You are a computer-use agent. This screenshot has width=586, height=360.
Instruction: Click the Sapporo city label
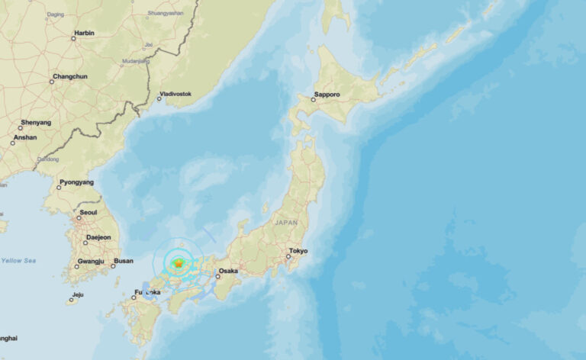327,95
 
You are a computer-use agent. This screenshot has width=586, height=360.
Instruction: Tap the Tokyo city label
298,251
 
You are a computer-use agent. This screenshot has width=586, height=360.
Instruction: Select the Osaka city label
228,271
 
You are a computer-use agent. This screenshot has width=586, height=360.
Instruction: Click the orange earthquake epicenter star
178,264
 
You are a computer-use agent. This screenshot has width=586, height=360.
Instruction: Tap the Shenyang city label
37,122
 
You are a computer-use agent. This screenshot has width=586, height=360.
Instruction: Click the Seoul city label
88,213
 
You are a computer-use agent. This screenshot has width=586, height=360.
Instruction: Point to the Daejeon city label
98,237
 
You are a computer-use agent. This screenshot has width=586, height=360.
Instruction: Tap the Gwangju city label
89,262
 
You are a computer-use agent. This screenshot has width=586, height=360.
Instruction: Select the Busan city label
123,261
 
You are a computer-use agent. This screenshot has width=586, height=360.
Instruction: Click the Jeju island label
77,294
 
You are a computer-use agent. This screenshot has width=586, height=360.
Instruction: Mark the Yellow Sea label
18,260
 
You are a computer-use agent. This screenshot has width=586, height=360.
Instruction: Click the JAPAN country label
286,222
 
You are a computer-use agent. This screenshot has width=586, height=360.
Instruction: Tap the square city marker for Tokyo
288,257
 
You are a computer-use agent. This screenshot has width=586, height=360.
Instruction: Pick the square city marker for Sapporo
313,100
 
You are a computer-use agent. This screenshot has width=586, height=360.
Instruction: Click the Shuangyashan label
166,13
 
